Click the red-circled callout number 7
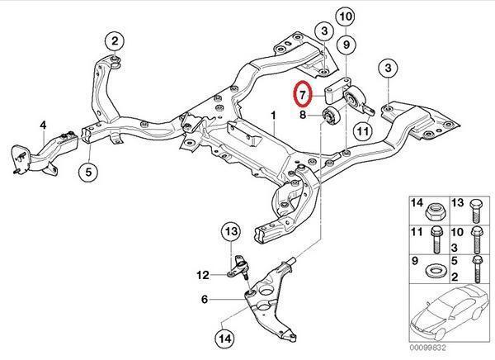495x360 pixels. point(303,94)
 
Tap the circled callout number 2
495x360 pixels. point(115,40)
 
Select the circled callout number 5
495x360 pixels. point(88,172)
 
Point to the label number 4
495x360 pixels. point(43,126)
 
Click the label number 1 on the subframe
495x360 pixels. point(273,116)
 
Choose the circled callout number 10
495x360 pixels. point(346,17)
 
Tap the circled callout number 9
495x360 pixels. point(346,45)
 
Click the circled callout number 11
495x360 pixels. point(363,130)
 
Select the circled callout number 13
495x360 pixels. point(231,231)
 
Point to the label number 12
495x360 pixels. point(203,275)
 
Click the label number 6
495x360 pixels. point(205,299)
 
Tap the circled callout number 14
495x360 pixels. point(225,339)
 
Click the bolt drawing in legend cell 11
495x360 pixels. point(436,239)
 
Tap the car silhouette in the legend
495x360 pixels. point(447,313)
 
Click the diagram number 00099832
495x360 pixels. point(428,348)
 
